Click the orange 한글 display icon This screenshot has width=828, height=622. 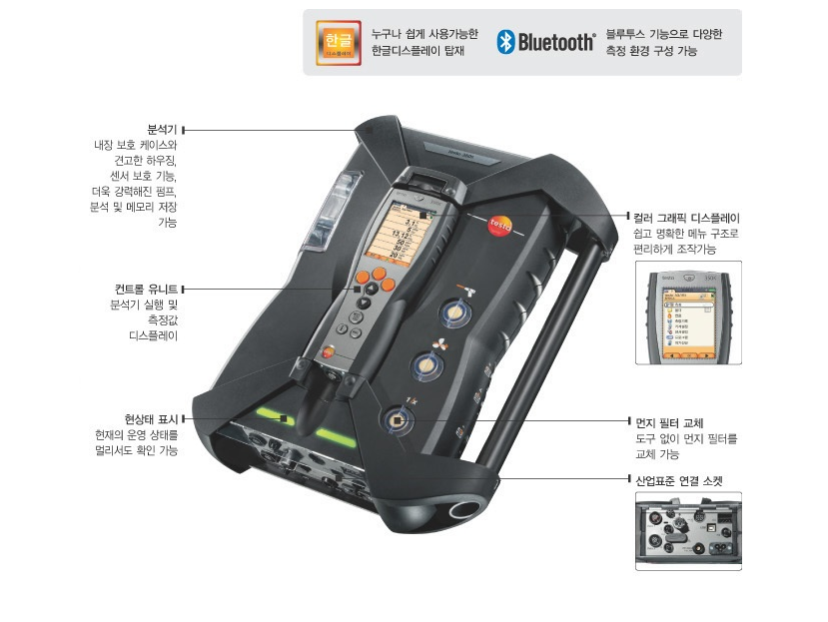click(338, 41)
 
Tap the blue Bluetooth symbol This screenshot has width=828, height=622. click(506, 42)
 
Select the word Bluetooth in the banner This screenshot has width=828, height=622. click(555, 42)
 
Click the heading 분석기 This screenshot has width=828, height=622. click(162, 130)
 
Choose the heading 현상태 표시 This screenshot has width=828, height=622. click(151, 418)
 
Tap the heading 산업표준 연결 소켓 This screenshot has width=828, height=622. click(679, 480)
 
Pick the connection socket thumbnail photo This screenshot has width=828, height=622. click(688, 530)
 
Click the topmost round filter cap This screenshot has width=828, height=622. click(456, 311)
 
